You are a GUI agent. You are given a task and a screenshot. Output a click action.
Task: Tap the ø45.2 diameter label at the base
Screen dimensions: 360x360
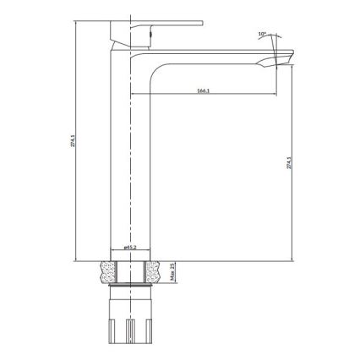(x=130, y=248)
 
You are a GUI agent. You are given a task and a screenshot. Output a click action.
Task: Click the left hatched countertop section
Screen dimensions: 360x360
(x=107, y=269)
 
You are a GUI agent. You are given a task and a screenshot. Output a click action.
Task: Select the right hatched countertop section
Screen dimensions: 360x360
(x=154, y=269)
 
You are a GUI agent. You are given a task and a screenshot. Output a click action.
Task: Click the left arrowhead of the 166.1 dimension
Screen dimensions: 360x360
(x=153, y=93)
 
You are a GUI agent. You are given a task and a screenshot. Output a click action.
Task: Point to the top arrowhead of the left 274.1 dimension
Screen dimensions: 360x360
(x=76, y=21)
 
